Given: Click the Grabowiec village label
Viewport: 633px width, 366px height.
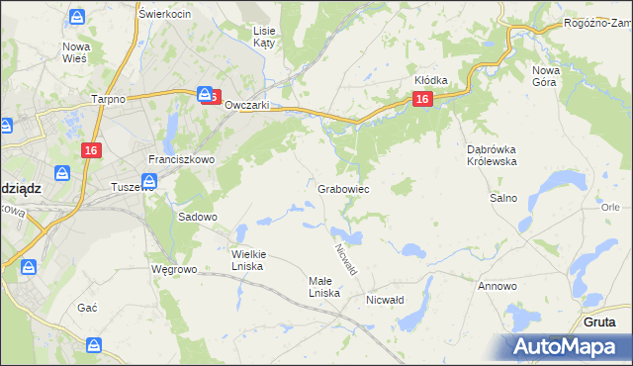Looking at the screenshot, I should (x=344, y=188).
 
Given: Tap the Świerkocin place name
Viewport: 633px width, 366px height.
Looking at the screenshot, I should (x=165, y=14).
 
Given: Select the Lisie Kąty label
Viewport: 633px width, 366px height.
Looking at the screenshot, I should (x=264, y=38).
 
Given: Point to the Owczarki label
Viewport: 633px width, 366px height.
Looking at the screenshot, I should (x=247, y=105).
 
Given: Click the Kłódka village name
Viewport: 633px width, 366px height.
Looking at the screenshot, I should (x=431, y=80).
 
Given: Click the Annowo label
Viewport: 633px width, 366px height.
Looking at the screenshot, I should (x=497, y=286).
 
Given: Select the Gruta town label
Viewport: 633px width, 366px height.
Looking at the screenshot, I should (x=600, y=321).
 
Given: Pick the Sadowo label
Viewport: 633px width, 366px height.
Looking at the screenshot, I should (x=197, y=216).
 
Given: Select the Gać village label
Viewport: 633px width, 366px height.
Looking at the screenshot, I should (x=87, y=308).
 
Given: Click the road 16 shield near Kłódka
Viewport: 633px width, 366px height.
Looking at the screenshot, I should (x=422, y=99).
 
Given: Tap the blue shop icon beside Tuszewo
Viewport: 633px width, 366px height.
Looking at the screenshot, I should (x=149, y=181).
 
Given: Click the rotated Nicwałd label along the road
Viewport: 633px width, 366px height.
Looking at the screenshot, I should (x=345, y=260).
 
